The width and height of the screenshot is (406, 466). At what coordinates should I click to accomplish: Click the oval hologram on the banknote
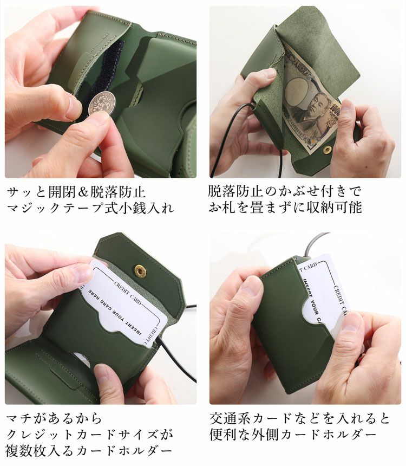click(x=297, y=87)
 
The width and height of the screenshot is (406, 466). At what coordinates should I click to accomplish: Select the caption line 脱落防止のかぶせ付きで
click(x=284, y=192)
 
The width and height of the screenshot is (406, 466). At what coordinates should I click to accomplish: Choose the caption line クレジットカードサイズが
click(x=90, y=435)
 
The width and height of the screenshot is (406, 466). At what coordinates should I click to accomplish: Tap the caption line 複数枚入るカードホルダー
click(x=89, y=451)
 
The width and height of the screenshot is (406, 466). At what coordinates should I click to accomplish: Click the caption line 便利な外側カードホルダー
click(x=292, y=435)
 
